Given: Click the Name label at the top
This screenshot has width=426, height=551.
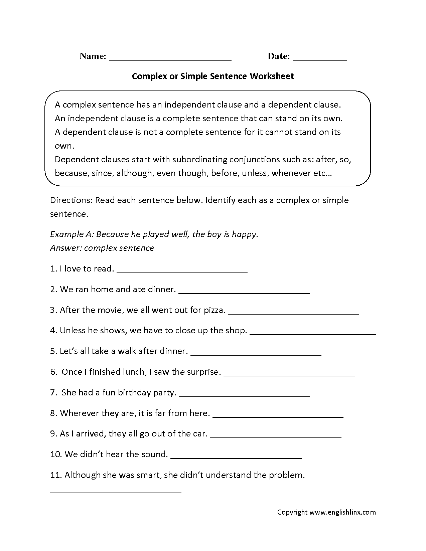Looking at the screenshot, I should tap(93, 56).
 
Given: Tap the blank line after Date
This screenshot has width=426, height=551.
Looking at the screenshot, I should tap(319, 60).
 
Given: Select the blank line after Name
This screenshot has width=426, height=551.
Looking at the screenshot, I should tap(170, 60).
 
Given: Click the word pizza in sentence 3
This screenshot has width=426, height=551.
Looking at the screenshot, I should tap(214, 310).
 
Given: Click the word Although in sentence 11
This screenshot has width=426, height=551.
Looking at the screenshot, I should tap(79, 475).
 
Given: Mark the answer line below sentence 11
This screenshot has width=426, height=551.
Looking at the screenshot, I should tap(116, 492).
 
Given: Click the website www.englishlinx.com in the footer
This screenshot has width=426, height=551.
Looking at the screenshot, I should tap(342, 512).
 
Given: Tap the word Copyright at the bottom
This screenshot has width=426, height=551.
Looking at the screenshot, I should tap(292, 512).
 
